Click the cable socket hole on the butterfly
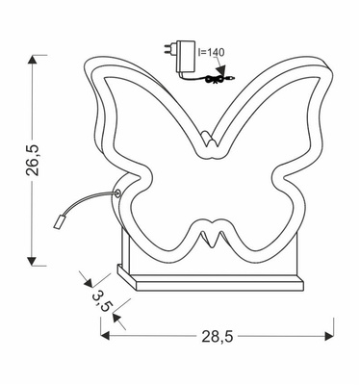pyautogui.click(x=118, y=193)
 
